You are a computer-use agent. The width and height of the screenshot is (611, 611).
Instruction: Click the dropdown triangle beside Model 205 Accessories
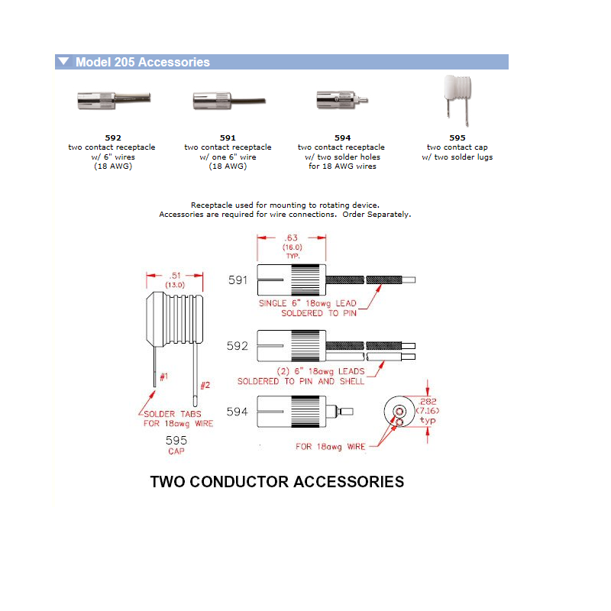click(64, 62)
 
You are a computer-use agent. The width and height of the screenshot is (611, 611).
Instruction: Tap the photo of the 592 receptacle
click(113, 99)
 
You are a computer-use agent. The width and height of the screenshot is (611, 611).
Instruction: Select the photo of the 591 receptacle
click(228, 100)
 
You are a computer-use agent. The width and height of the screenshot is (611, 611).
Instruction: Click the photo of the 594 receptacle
click(341, 99)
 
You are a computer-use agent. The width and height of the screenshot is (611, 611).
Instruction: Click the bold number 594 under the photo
click(341, 138)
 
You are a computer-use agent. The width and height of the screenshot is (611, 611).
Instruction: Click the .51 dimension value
click(175, 276)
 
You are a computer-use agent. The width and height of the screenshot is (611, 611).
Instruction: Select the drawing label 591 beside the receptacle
click(238, 280)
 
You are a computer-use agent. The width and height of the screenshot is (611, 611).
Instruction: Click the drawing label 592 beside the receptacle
click(238, 345)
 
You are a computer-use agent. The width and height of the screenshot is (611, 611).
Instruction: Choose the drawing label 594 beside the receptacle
click(238, 411)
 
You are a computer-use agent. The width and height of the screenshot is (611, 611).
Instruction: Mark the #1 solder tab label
click(163, 377)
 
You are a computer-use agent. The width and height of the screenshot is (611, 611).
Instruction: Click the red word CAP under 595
click(176, 451)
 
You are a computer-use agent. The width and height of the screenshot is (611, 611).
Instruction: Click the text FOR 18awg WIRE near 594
click(331, 447)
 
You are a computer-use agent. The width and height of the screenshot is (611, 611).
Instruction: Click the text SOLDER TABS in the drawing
click(172, 414)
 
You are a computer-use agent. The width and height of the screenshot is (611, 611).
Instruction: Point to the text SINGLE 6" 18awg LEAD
click(310, 303)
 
